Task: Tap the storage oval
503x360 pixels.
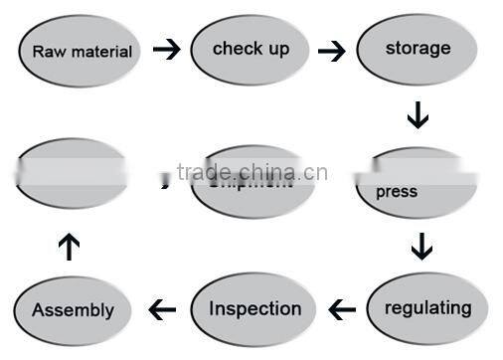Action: [x=417, y=49]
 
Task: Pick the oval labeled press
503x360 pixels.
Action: [x=417, y=184]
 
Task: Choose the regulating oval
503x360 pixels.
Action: [x=427, y=308]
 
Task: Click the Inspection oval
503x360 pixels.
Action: [x=253, y=309]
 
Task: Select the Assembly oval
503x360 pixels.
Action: [x=74, y=309]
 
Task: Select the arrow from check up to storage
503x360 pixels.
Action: [x=331, y=50]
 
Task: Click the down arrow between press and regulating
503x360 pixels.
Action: [x=422, y=245]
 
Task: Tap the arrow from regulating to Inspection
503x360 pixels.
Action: [x=341, y=310]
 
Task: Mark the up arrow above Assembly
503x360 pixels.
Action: [x=69, y=246]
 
